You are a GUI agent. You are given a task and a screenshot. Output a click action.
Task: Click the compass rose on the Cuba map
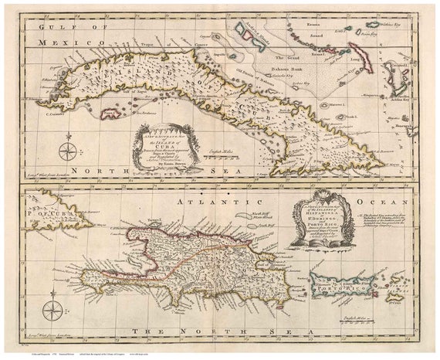tap(68, 148)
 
